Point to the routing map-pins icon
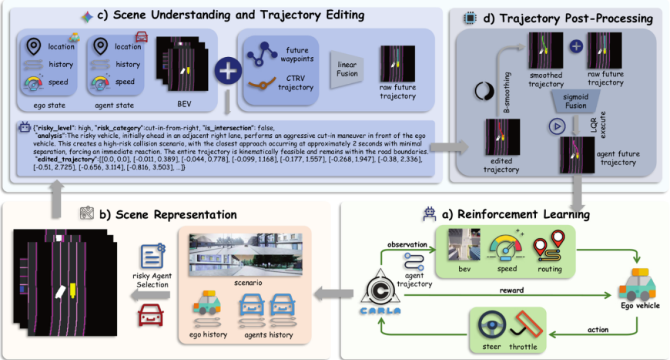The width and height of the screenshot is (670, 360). pos(550,246)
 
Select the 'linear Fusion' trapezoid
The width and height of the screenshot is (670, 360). pos(347,70)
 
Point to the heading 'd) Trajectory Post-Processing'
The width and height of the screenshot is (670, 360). pos(566,18)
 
